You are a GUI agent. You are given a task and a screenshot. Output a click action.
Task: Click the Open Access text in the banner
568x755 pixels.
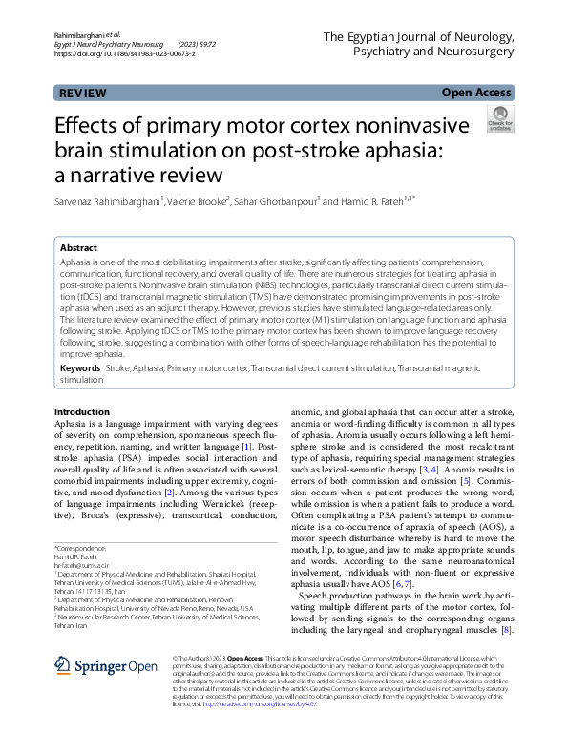tap(477, 94)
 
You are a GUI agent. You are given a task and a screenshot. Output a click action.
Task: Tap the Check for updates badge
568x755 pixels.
tap(499, 120)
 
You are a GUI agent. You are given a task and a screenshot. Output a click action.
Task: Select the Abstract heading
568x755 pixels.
tap(80, 247)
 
